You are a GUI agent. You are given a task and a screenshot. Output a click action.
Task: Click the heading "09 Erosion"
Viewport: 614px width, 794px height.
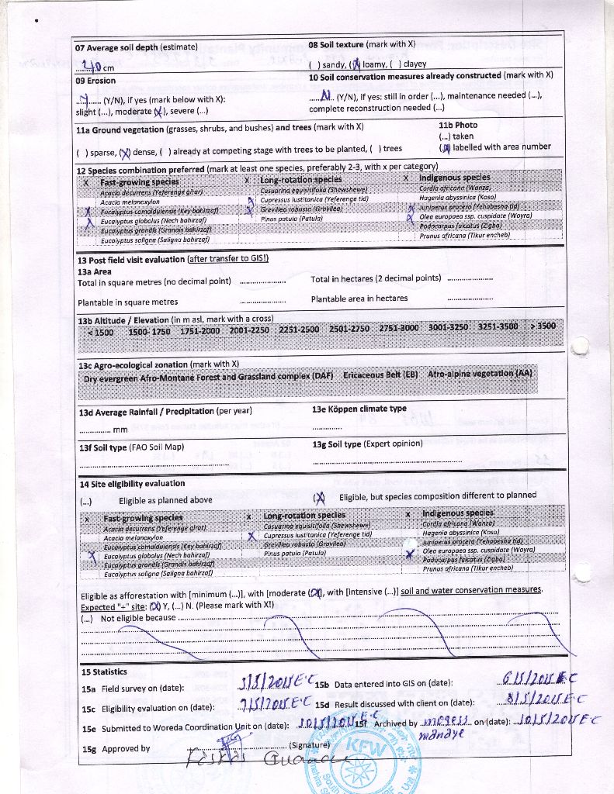(95, 81)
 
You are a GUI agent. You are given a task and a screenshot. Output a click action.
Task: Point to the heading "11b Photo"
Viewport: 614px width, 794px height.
(458, 125)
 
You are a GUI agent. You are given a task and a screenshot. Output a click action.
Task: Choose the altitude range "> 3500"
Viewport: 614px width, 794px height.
(543, 326)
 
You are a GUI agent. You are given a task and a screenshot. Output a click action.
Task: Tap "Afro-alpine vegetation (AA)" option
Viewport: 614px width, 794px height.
(480, 373)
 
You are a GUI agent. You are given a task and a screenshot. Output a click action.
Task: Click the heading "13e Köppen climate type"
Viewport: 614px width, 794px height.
(359, 409)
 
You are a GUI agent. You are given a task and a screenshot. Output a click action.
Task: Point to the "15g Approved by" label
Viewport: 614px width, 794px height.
(116, 748)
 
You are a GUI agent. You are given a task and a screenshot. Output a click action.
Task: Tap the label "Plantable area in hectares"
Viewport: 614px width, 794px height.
(359, 299)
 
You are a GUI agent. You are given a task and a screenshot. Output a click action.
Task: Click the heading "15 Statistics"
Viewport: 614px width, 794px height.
(104, 671)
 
